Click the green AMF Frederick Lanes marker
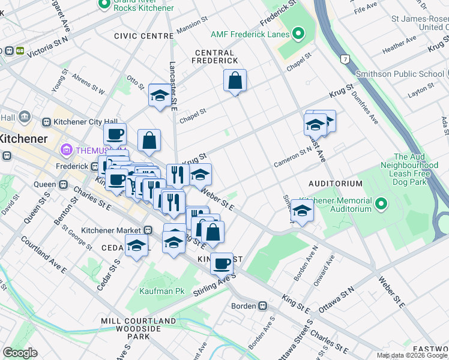(x=299, y=34)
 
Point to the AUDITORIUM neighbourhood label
(x=336, y=183)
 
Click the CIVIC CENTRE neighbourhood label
(x=144, y=36)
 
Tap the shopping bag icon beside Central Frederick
(x=235, y=80)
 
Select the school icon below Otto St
(x=160, y=95)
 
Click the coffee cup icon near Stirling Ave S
(x=221, y=263)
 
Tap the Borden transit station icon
(x=262, y=306)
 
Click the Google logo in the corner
(x=20, y=353)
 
